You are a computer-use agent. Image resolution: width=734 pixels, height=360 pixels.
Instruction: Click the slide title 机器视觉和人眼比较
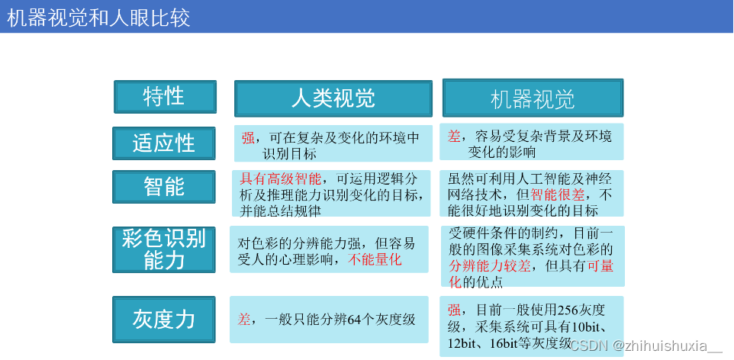tap(99, 18)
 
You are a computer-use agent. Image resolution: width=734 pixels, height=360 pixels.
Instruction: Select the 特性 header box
tap(165, 97)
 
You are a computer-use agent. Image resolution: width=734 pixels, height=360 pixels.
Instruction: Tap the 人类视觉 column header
tap(333, 98)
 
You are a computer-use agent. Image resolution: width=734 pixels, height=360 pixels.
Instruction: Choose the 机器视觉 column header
tap(533, 99)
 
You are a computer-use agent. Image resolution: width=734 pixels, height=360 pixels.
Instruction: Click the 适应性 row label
tap(163, 143)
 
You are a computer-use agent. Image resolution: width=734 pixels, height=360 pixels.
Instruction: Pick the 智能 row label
tap(163, 186)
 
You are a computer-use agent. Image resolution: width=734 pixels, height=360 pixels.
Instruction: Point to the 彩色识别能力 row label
tap(163, 249)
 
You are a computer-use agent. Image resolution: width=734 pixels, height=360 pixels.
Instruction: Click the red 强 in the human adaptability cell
tap(248, 138)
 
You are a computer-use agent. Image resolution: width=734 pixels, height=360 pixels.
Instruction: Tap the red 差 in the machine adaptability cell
tap(454, 136)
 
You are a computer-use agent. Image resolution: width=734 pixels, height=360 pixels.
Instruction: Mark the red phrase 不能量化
tap(375, 259)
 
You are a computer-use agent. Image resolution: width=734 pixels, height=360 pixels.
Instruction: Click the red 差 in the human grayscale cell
tap(244, 319)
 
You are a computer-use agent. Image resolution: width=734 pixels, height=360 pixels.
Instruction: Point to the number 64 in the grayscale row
tap(354, 319)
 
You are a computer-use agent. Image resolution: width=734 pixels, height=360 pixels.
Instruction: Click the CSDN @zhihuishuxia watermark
tap(645, 346)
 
